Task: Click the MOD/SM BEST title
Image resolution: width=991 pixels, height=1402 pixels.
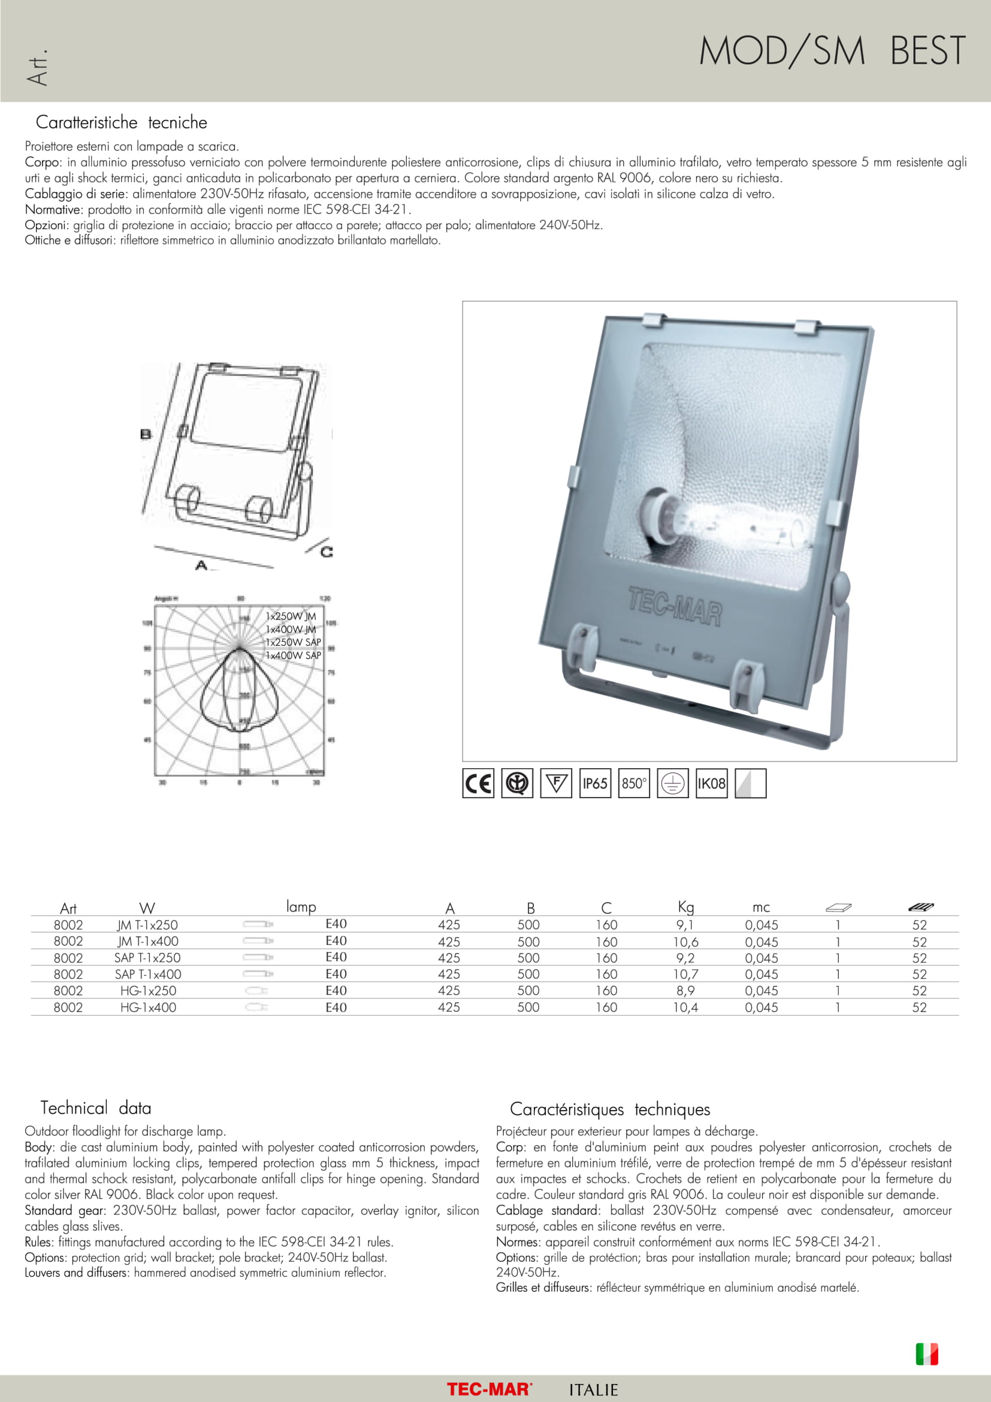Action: (832, 51)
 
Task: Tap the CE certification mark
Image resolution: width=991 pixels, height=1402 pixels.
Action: (478, 783)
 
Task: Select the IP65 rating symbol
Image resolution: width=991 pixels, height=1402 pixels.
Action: (594, 783)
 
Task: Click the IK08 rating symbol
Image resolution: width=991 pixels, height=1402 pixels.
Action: (711, 783)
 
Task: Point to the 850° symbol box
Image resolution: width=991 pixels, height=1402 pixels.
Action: (633, 783)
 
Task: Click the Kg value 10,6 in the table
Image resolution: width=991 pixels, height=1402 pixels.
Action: (685, 941)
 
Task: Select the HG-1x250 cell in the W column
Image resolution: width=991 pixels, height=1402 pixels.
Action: (147, 991)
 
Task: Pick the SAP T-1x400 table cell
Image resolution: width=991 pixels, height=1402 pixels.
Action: (147, 974)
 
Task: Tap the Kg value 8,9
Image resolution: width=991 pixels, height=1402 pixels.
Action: (685, 991)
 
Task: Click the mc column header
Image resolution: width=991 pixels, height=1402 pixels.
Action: (761, 907)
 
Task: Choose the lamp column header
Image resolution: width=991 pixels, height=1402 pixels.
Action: (301, 906)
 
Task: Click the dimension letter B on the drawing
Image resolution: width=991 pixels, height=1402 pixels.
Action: (146, 434)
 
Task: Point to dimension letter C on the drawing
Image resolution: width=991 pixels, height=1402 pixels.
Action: (327, 552)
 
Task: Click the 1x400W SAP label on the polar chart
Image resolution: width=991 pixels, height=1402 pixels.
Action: (293, 655)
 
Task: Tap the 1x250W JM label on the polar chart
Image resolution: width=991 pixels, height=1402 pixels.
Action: (291, 616)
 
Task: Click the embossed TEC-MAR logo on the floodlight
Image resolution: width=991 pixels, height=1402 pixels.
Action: (675, 606)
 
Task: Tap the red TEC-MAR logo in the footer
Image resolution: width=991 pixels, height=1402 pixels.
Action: (490, 1389)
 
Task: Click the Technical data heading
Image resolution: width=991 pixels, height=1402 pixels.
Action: (96, 1108)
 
